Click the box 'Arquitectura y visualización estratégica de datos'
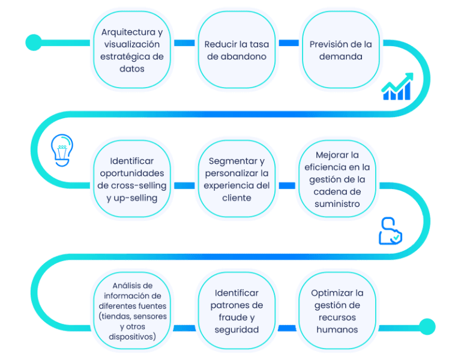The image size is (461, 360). (131, 50)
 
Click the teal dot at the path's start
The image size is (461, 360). (34, 42)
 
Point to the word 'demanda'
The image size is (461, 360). (341, 57)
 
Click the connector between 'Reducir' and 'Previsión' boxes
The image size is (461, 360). (289, 43)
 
